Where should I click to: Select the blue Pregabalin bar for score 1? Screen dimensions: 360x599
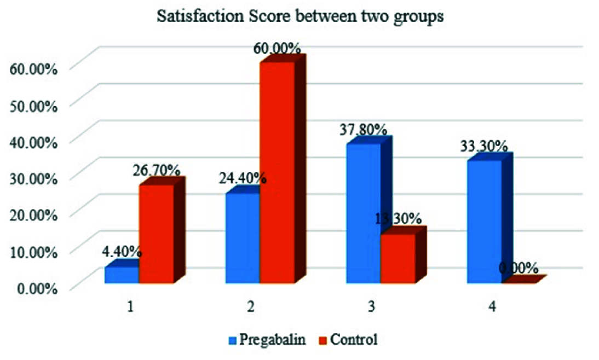coord(122,275)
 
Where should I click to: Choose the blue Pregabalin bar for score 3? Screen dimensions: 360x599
coord(364,213)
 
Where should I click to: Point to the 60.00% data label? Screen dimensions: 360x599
coord(277,49)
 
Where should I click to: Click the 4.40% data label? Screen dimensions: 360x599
coord(122,252)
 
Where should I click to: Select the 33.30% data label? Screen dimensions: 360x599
coord(483,147)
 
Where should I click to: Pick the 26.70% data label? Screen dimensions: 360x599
coord(155,170)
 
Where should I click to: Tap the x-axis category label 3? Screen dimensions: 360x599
coord(372,307)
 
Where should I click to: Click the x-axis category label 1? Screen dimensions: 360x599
coord(130,307)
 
